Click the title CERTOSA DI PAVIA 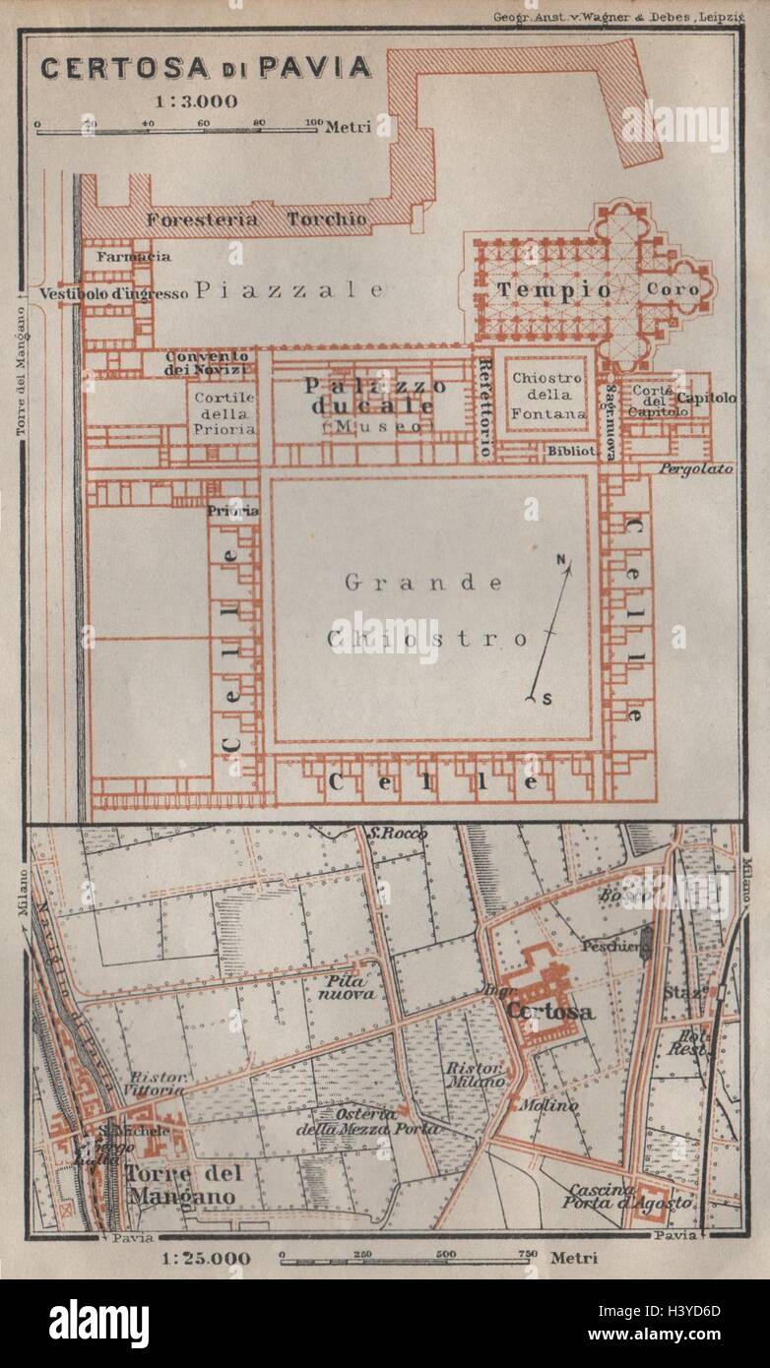pos(206,67)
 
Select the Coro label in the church pos(673,289)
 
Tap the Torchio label pos(326,218)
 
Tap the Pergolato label pos(696,468)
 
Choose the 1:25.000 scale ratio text pos(206,1258)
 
